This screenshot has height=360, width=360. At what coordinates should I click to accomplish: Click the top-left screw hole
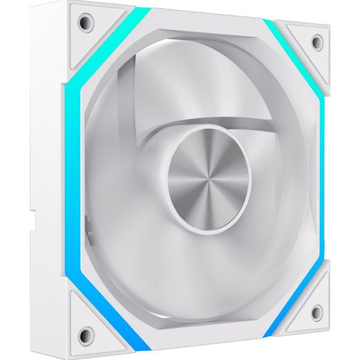tap(83, 22)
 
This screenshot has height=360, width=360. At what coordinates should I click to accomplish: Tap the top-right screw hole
tap(317, 41)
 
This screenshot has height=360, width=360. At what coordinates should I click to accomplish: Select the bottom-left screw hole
tap(84, 324)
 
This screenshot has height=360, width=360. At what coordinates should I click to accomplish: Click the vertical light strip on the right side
tap(322, 175)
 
